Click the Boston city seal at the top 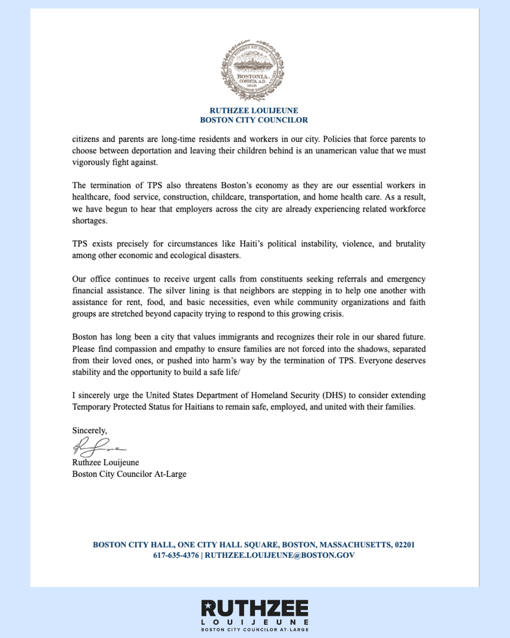(253, 70)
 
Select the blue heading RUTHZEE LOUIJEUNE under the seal (254, 111)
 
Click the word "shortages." (90, 221)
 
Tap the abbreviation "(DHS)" (333, 395)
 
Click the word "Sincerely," (90, 431)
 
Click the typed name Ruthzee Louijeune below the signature (106, 462)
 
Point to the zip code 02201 (405, 544)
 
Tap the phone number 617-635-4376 (176, 555)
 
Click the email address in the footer (280, 555)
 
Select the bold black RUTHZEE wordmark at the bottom (255, 608)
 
